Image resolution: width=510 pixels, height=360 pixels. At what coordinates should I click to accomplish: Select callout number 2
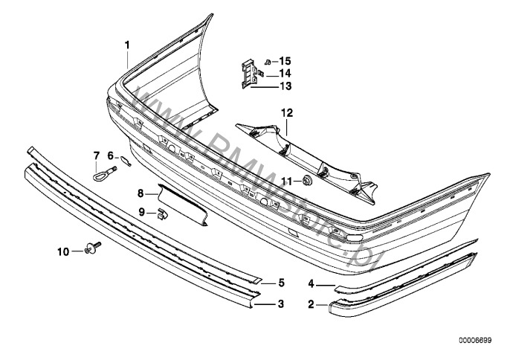pos(312,304)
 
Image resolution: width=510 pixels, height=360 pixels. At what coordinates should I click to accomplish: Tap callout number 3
pos(281,303)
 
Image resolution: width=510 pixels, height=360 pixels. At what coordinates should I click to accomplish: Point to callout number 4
pos(312,283)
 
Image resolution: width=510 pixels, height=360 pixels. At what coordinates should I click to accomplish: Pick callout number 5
pos(281,283)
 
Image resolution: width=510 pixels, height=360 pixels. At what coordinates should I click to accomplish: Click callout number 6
pos(110,155)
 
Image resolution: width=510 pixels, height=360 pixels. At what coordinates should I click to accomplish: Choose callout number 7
pos(95,155)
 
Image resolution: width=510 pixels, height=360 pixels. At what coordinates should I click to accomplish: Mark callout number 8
pos(140,193)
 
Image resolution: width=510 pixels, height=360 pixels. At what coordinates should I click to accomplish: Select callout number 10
pos(63,251)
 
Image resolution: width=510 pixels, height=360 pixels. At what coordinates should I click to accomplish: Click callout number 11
pos(285,181)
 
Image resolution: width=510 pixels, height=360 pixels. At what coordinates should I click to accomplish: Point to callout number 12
pos(287,113)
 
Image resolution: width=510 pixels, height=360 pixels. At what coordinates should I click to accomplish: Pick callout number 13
pos(285,86)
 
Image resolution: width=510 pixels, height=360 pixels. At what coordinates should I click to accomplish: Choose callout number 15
pos(285,60)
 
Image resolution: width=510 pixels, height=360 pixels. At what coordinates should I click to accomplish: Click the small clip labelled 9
pos(161,216)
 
